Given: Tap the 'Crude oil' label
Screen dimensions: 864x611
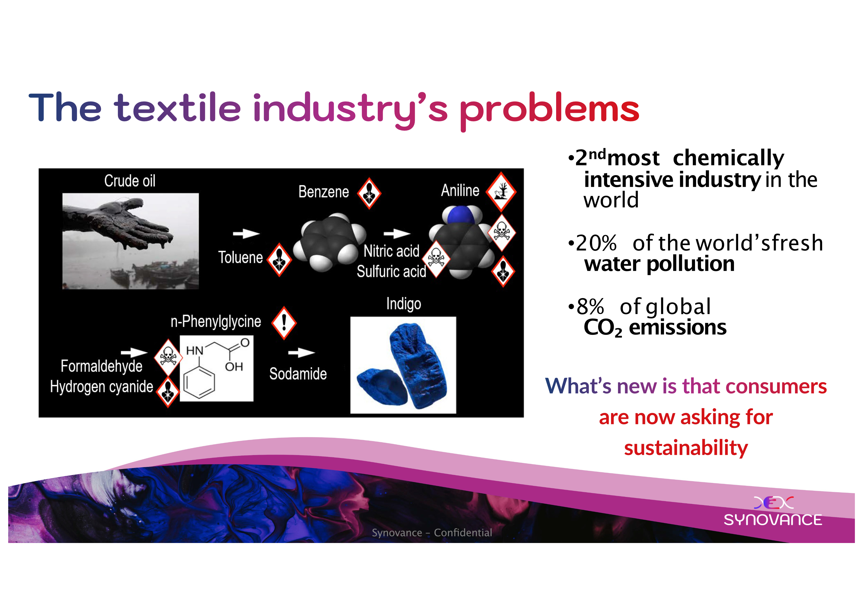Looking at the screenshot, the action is pos(130,181).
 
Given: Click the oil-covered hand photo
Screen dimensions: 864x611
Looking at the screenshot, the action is pos(131,241).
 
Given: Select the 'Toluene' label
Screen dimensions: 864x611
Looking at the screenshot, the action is pos(240,257).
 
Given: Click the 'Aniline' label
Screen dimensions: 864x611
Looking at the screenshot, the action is pos(460,190).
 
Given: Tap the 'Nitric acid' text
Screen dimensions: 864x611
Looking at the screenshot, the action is pos(391,251).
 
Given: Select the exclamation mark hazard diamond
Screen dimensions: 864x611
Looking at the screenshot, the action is pos(284,323).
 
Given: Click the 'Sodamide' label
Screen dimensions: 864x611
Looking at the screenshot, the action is pos(298,374).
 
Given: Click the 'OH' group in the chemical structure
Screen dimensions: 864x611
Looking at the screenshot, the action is pos(234,367).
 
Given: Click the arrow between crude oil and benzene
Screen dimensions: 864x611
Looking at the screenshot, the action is pos(246,234).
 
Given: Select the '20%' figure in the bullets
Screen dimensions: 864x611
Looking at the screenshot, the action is pos(596,243).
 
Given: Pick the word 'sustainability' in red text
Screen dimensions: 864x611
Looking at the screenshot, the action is pos(686,448).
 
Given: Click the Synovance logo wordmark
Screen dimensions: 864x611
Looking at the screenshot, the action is pos(773,520).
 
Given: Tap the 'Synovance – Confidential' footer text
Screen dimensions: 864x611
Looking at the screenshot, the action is pos(432,533).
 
